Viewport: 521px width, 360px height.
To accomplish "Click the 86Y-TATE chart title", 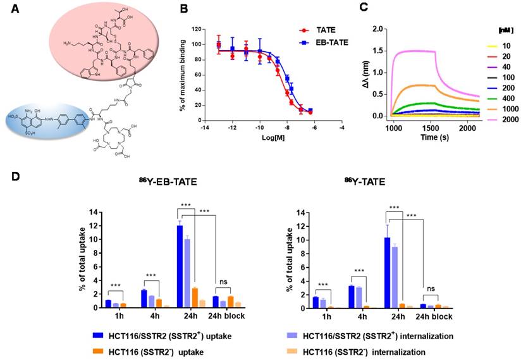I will tap(364, 182).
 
